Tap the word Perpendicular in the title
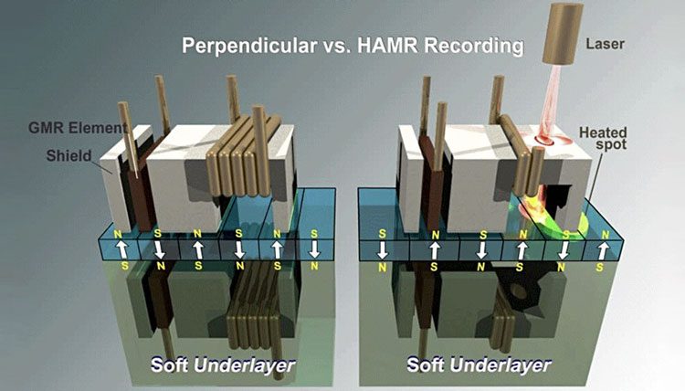coord(249,46)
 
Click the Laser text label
coord(605,44)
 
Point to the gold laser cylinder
coord(563,33)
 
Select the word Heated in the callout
coord(604,132)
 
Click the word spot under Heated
coord(611,144)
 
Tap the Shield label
coord(69,155)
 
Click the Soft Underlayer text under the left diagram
coord(223,365)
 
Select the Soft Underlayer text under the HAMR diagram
coord(479,365)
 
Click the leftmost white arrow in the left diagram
coord(121,249)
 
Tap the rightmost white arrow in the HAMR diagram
coord(603,250)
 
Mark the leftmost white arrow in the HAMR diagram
coord(383,250)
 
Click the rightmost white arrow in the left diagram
coord(314,249)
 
